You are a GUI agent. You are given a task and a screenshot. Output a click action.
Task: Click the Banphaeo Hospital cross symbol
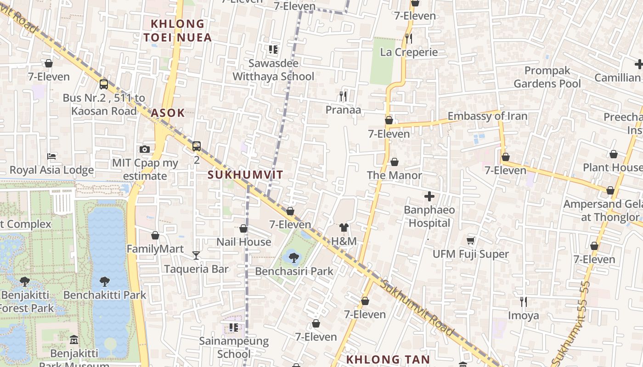point(429,197)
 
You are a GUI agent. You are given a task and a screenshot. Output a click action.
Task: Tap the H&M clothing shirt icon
point(344,228)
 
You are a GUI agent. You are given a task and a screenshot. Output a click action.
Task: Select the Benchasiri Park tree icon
point(294,257)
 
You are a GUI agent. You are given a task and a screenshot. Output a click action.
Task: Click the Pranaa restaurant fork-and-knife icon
point(343,96)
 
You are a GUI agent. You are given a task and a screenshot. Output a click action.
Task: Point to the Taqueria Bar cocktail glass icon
point(196,255)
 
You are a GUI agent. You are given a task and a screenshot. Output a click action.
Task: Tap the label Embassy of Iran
point(487,116)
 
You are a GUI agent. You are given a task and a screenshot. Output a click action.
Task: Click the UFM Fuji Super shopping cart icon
point(471,240)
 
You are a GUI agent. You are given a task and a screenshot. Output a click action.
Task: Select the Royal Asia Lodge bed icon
point(51,156)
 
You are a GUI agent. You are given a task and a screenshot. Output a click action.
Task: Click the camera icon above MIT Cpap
point(145,149)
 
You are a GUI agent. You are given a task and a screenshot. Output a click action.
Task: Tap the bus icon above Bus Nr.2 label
point(104,84)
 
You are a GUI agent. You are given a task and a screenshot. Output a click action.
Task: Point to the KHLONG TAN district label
point(388,359)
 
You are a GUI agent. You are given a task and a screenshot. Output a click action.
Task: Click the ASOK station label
point(168,112)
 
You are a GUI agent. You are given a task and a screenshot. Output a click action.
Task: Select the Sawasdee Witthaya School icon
point(273,50)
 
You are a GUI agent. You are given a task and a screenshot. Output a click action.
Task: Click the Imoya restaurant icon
point(523,301)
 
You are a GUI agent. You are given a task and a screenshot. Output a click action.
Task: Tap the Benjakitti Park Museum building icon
point(74,340)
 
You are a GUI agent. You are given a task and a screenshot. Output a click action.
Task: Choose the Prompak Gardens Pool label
point(547,77)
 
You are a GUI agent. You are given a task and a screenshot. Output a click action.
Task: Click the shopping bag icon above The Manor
point(394,162)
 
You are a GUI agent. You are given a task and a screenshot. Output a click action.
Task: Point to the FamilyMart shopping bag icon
point(155,235)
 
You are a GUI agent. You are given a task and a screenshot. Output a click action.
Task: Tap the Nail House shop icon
point(243,228)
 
